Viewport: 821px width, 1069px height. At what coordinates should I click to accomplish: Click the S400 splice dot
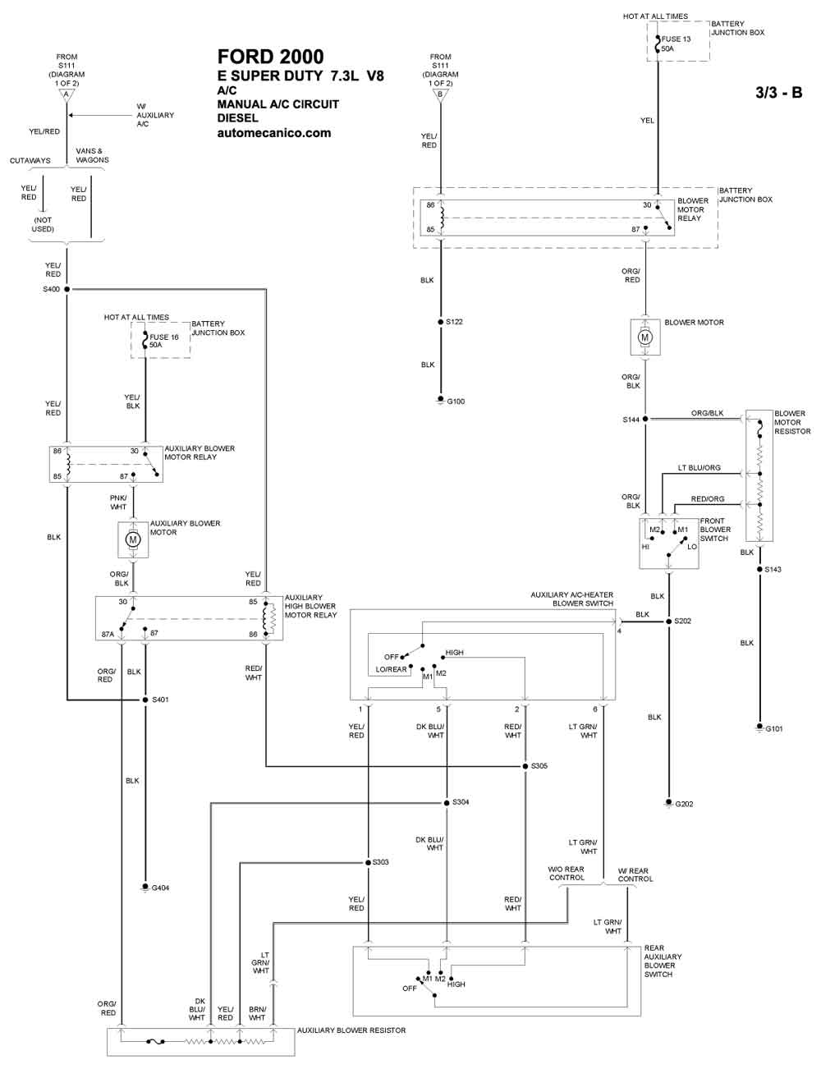[x=67, y=289]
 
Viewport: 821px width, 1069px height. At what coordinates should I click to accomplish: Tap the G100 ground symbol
[x=440, y=401]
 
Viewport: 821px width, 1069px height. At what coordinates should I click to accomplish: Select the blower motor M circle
[x=645, y=337]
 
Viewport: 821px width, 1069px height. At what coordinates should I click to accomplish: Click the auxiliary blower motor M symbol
[x=132, y=539]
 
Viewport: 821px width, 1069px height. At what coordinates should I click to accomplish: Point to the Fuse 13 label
[x=676, y=39]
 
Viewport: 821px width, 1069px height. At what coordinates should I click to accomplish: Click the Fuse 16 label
[x=164, y=337]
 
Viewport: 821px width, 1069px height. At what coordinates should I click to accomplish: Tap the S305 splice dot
[x=525, y=766]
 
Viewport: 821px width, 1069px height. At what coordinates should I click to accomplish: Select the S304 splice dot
[x=447, y=802]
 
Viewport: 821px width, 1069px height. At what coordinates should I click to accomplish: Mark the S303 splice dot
[x=368, y=862]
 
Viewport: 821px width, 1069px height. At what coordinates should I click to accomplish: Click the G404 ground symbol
[x=145, y=887]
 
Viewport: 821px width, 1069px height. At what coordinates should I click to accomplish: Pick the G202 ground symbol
[x=668, y=803]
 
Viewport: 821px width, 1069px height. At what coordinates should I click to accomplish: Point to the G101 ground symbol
[x=759, y=727]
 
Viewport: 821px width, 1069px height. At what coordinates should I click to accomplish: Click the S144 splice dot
[x=645, y=419]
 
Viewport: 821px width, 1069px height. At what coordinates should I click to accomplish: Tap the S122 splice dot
[x=441, y=322]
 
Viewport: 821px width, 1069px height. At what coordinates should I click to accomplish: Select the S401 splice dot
[x=145, y=700]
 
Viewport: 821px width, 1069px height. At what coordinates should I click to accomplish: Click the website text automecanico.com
[x=274, y=133]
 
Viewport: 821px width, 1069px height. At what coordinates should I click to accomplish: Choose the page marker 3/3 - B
[x=778, y=93]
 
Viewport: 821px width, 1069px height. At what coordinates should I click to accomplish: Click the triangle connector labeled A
[x=67, y=95]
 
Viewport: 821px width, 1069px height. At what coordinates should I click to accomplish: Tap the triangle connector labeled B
[x=440, y=95]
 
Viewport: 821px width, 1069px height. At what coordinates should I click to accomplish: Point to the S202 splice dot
[x=668, y=622]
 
